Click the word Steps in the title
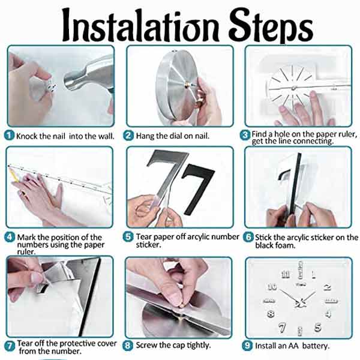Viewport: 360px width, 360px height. [x=271, y=25]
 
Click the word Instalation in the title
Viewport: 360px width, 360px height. [x=140, y=25]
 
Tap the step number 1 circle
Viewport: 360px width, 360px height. [x=10, y=135]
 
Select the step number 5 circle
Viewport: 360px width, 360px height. [x=128, y=237]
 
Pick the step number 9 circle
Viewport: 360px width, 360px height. [x=247, y=346]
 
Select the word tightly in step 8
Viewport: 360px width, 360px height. [x=199, y=346]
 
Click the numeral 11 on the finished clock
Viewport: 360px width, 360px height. [x=286, y=274]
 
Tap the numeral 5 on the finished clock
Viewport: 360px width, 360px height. [x=318, y=327]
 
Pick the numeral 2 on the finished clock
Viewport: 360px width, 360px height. [x=327, y=287]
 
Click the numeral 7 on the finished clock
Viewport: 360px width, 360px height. [x=282, y=328]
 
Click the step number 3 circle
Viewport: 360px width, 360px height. [x=245, y=135]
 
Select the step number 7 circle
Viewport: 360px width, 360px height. [x=10, y=346]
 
